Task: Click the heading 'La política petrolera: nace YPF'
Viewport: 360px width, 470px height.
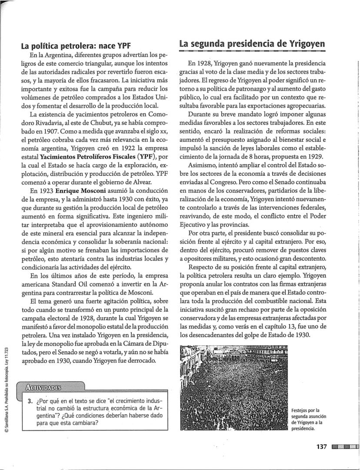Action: [x=76, y=46]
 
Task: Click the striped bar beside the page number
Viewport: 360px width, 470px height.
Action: [x=345, y=446]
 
